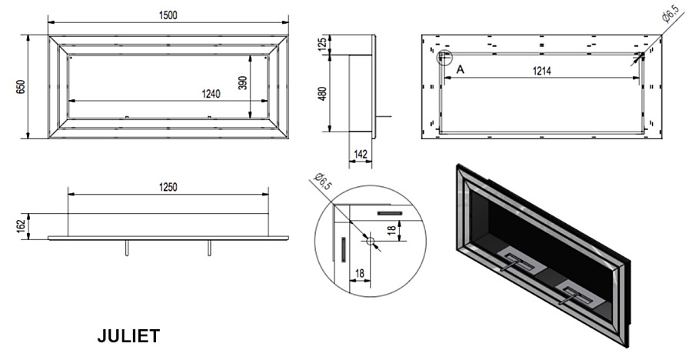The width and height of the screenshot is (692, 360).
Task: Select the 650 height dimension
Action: [20, 86]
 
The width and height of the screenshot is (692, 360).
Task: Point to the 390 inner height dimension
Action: [243, 82]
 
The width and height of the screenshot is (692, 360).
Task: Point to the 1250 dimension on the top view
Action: [168, 188]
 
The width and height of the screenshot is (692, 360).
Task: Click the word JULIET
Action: [128, 336]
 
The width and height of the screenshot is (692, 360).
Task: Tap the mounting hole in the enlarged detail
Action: [370, 242]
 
